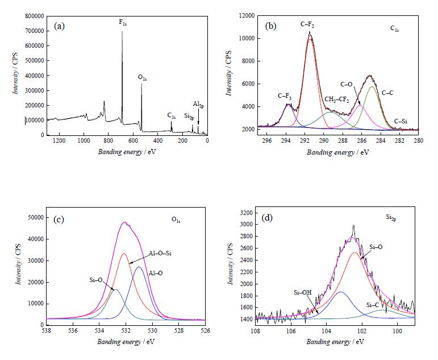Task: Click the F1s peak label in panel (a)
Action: (x=122, y=23)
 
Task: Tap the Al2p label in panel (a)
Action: (x=198, y=104)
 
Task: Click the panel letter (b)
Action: (x=271, y=26)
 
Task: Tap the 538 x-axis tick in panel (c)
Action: (x=47, y=330)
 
